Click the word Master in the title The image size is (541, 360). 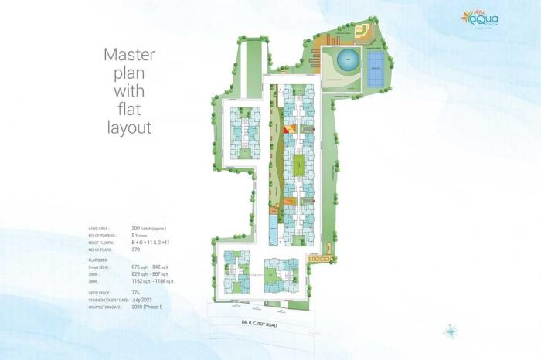(x=130, y=56)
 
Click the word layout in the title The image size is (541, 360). (x=129, y=127)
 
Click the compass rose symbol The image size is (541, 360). (x=451, y=331)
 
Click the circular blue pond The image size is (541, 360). (x=345, y=59)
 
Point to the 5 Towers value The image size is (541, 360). (x=141, y=236)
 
